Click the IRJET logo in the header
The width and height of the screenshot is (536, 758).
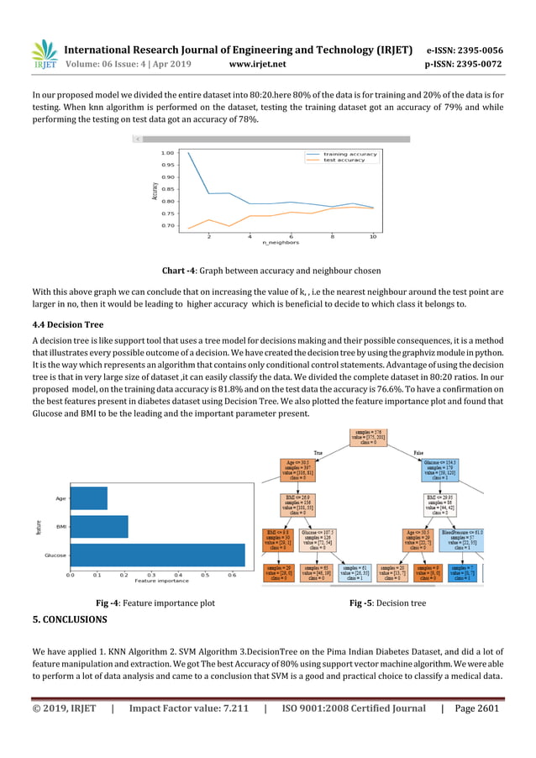(45, 55)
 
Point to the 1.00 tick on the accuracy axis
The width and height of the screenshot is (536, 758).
(167, 153)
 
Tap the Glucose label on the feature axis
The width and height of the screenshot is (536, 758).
(55, 555)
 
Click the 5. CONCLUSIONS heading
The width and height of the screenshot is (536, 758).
(70, 619)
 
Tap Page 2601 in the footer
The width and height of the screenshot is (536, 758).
(476, 708)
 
